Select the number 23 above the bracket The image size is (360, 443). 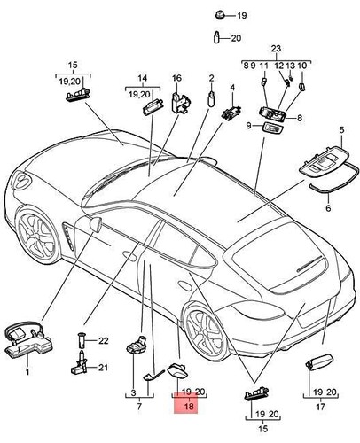(275, 49)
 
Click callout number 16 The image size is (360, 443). (176, 77)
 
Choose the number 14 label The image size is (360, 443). (140, 77)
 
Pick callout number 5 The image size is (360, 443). (342, 130)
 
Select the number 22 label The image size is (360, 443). (102, 340)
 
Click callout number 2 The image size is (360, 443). (211, 77)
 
